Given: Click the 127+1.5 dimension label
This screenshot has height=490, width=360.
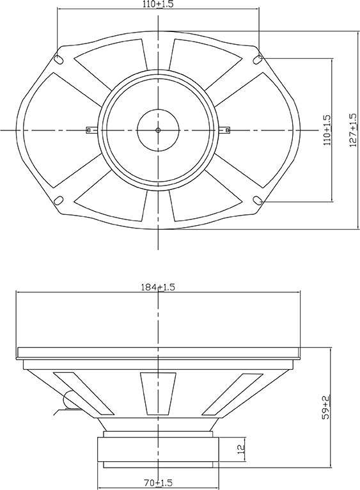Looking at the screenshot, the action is [x=353, y=130].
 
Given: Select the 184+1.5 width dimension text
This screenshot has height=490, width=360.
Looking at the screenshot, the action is [x=159, y=287].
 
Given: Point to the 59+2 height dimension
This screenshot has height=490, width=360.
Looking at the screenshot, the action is [x=326, y=407].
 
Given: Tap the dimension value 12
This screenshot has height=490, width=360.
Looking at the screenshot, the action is [x=241, y=449].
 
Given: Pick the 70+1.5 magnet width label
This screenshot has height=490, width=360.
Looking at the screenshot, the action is [x=159, y=482].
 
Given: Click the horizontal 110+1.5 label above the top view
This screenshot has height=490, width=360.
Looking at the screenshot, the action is [x=158, y=4].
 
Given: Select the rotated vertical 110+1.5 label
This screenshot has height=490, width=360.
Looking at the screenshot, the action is [x=327, y=130].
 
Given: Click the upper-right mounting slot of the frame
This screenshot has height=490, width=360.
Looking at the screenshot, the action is [x=258, y=59].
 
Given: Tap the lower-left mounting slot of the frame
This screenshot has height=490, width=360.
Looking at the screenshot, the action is [x=59, y=200].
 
